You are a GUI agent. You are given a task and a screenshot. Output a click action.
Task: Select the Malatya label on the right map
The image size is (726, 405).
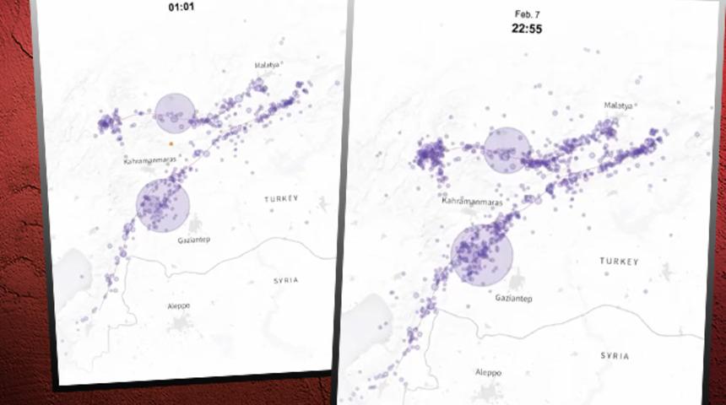618,105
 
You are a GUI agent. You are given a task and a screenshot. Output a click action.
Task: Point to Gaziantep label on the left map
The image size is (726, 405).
193,240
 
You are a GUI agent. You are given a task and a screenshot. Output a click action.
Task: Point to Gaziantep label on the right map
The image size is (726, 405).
512,298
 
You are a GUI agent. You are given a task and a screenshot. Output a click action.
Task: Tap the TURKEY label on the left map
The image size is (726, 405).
281,199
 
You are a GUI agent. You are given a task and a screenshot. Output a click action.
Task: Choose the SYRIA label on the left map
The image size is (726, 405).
285,280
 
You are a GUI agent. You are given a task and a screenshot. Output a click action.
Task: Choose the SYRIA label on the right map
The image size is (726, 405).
615,356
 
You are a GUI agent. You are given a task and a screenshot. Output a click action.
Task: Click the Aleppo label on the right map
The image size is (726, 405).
488,372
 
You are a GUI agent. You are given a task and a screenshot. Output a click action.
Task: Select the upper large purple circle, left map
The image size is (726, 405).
175,113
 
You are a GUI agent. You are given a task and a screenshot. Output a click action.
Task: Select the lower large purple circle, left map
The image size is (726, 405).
161,206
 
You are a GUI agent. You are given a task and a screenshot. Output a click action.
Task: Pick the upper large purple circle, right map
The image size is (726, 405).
507,150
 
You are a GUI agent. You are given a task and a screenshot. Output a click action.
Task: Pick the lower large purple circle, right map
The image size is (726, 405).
482,255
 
